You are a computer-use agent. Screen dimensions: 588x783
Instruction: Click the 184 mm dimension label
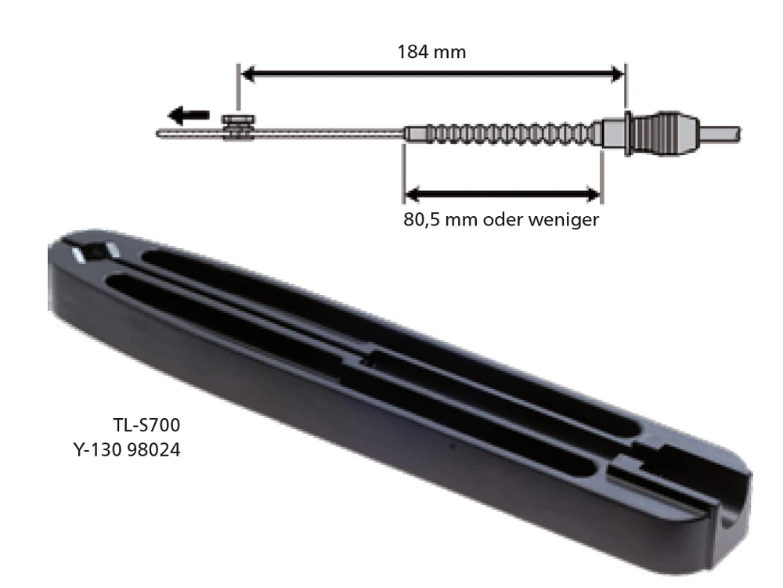pos(431,52)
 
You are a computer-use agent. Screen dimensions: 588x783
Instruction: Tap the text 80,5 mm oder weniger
pos(501,219)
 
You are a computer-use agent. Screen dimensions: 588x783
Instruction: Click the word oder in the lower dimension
pos(503,219)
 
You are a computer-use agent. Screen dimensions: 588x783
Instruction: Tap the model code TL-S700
pos(147,427)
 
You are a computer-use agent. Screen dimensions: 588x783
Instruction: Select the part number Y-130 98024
pos(126,450)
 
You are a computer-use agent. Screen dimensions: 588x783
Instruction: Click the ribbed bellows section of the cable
pos(501,134)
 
